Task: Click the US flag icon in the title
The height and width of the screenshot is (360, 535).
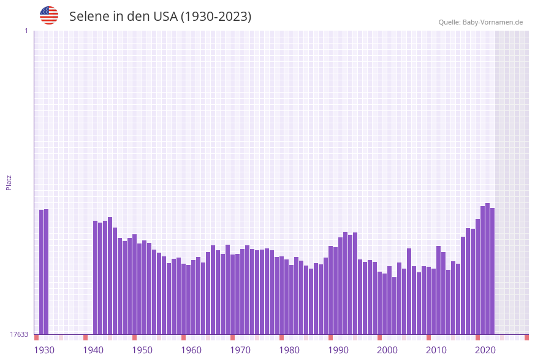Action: [x=49, y=15]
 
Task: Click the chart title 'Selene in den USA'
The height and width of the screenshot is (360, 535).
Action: [x=160, y=17]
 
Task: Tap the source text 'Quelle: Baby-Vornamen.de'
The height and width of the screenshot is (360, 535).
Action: [x=480, y=22]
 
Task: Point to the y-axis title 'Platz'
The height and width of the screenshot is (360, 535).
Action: [x=9, y=182]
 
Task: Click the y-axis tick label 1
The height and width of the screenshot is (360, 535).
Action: [x=26, y=31]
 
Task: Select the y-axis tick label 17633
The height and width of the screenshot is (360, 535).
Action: [x=19, y=334]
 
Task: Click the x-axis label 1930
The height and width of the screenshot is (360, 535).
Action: [x=44, y=350]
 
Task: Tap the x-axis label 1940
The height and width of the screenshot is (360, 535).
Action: [x=93, y=350]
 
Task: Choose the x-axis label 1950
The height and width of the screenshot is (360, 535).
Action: [x=142, y=350]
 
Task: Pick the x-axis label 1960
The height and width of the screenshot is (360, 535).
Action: [x=191, y=350]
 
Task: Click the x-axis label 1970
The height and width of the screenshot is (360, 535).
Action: [x=240, y=350]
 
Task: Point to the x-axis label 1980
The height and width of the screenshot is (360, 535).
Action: [x=289, y=350]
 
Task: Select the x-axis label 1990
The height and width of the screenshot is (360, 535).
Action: [x=338, y=350]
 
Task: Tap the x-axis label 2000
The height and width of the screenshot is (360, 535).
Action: [x=387, y=350]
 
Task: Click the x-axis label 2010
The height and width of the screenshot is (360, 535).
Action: [x=436, y=350]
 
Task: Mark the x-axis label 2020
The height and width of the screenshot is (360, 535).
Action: [x=485, y=350]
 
